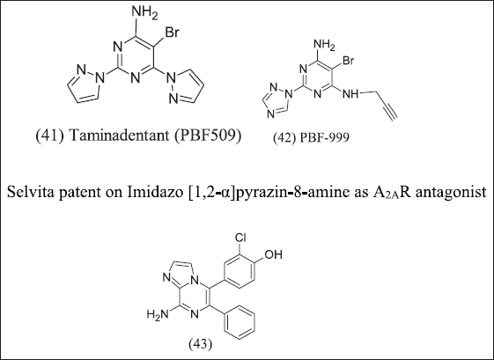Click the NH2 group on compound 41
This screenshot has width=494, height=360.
tap(144, 13)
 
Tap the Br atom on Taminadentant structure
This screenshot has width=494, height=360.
tap(173, 32)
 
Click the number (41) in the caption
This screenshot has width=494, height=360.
tap(50, 136)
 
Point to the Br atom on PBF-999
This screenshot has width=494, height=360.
tap(349, 60)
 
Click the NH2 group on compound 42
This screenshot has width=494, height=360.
tap(325, 45)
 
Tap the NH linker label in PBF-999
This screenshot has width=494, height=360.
tap(350, 93)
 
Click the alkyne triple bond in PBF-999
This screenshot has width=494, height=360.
tap(390, 112)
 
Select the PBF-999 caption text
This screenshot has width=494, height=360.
tap(312, 137)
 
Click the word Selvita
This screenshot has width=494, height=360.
tap(27, 192)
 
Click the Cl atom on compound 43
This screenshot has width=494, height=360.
tap(240, 239)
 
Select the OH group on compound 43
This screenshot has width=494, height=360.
tap(273, 254)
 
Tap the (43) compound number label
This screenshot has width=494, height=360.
tap(201, 344)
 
